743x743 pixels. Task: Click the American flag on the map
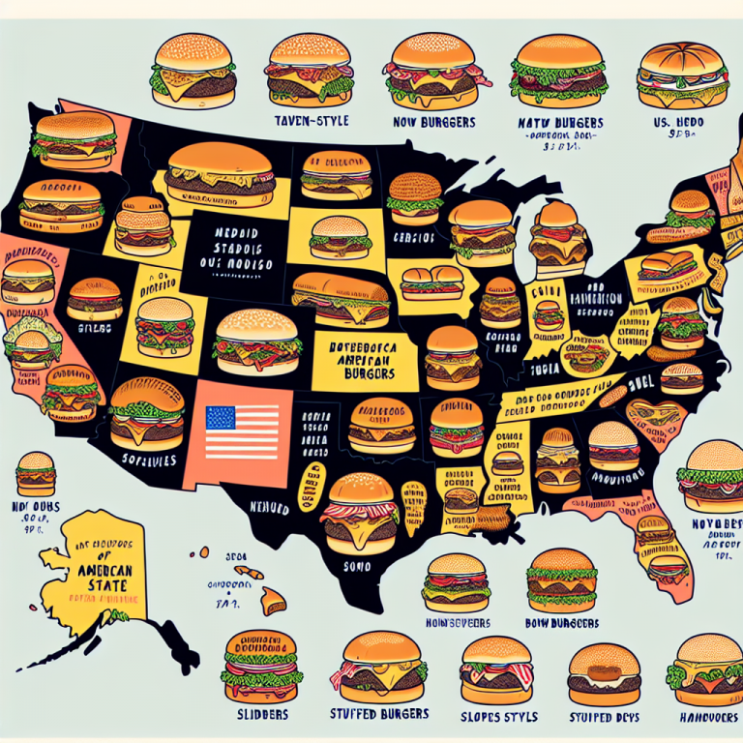238,431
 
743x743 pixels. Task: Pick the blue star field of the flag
220,418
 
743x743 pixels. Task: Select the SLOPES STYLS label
496,718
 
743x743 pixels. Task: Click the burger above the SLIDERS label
263,666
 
